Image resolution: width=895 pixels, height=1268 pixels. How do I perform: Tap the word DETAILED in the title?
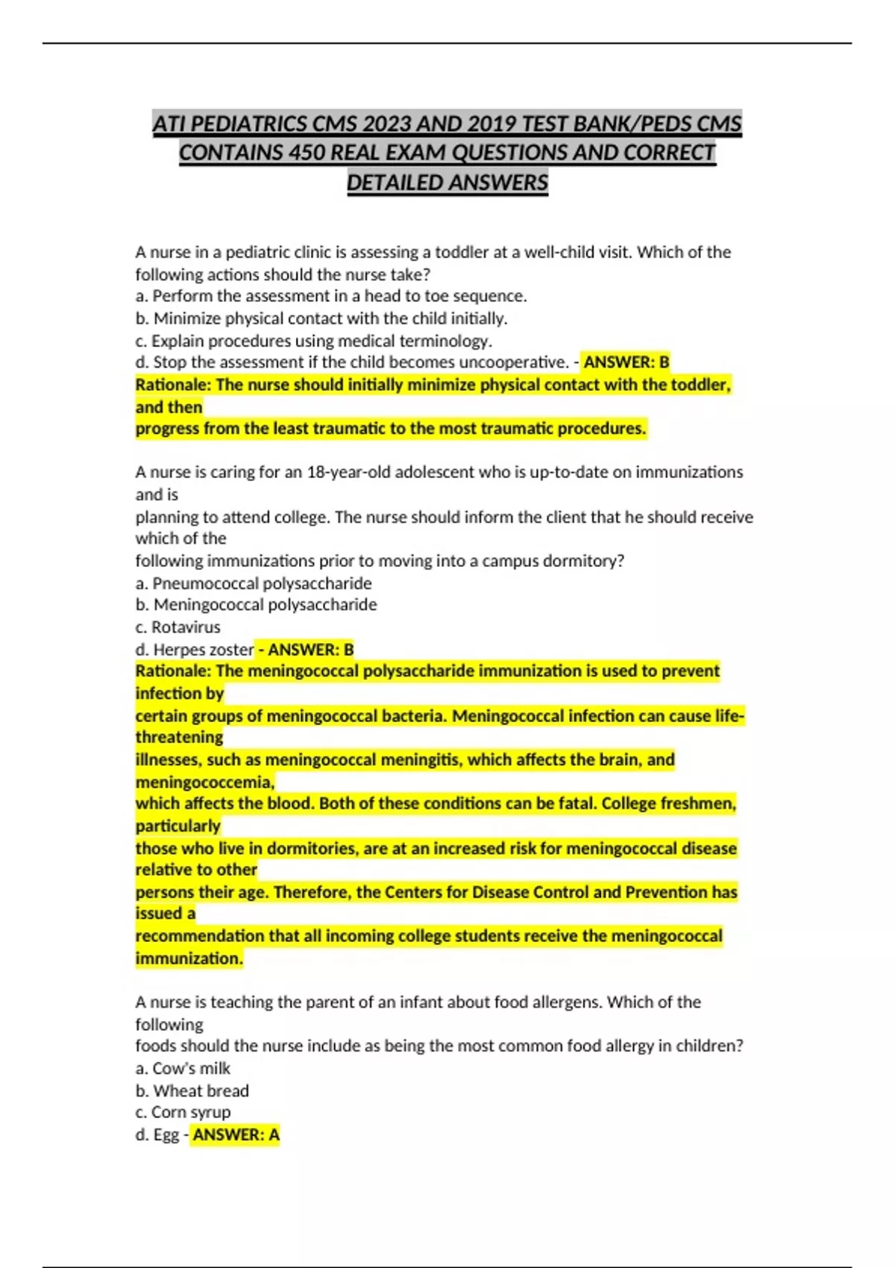click(x=392, y=183)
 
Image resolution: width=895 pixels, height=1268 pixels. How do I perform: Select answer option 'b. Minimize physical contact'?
click(x=321, y=318)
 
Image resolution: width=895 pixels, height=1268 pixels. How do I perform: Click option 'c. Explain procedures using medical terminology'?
click(x=314, y=341)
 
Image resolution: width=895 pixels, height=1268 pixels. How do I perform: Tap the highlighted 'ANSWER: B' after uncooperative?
click(x=626, y=362)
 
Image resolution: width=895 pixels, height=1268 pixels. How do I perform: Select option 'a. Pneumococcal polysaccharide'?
click(x=254, y=583)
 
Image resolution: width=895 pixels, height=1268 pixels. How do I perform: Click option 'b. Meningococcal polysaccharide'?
click(x=257, y=605)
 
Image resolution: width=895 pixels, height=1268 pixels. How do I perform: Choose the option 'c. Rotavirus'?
click(x=178, y=627)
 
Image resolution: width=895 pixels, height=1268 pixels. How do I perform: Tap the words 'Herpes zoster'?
click(x=204, y=650)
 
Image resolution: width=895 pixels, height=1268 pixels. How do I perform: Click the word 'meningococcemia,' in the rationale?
click(x=205, y=782)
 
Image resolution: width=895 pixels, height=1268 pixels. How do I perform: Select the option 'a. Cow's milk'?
click(x=183, y=1069)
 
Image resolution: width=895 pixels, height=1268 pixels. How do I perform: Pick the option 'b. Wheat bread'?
click(x=192, y=1091)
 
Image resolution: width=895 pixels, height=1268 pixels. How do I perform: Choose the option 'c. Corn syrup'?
click(x=183, y=1113)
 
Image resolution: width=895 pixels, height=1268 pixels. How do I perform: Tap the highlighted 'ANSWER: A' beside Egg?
click(x=236, y=1135)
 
